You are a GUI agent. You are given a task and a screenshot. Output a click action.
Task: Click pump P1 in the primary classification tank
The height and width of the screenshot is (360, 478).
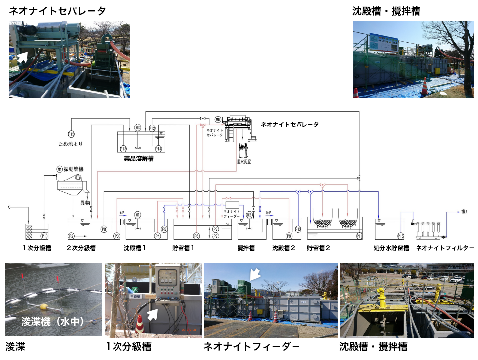point(44,236)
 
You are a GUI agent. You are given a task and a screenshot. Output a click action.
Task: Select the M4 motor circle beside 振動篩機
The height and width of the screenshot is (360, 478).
point(60,169)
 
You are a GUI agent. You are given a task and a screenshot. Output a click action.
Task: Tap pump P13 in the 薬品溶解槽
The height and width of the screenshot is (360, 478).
point(123,148)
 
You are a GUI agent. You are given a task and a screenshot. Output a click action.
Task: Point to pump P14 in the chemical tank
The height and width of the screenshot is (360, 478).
point(158,148)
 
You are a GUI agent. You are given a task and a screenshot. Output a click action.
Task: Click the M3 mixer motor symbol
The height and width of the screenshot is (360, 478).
point(138,128)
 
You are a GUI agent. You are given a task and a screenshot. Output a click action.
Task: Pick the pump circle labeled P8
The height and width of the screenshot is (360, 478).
point(104,229)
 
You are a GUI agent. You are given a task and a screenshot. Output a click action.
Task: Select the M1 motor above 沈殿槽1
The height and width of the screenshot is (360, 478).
point(138,215)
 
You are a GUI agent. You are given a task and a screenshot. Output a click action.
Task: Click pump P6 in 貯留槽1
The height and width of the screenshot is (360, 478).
point(196,236)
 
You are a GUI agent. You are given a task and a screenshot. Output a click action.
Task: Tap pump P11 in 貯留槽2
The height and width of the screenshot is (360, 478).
point(358,236)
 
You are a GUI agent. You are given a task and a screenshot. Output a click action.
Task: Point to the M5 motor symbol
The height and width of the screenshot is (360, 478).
point(218,120)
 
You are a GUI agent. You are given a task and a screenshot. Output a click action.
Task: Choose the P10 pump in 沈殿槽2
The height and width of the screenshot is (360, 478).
point(298,229)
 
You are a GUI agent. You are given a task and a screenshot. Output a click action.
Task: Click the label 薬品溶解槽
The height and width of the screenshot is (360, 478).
point(138,159)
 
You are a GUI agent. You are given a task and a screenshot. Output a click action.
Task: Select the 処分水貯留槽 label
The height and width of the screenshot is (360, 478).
point(391,248)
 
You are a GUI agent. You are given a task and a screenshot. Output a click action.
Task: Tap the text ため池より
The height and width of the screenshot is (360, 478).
point(70,144)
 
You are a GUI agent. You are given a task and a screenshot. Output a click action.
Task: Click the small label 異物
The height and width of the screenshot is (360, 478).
point(84,203)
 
